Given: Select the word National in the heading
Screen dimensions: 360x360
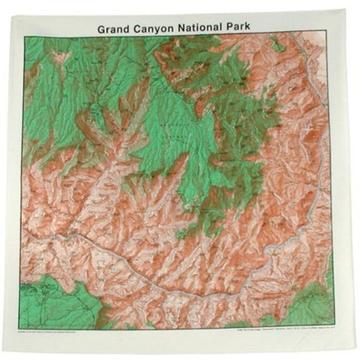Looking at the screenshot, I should click(204, 28).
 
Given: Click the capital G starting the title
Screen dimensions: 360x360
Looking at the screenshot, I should click(102, 28).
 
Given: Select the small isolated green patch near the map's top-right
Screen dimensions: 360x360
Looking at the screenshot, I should click(276, 43).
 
